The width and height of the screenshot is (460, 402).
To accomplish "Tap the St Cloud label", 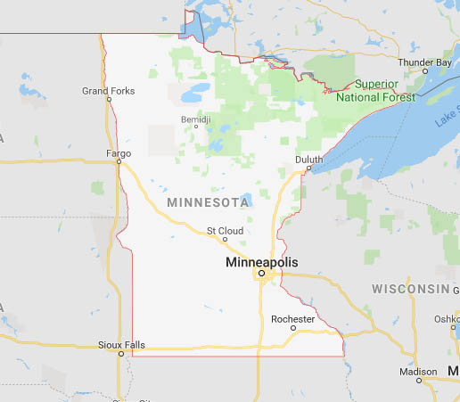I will tap(225, 230).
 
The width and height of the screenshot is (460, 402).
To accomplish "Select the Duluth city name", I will tap(308, 159).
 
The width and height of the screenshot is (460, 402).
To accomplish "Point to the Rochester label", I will tap(293, 318).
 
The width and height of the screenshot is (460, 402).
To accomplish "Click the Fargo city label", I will tap(119, 152).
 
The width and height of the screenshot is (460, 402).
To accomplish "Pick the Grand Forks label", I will tap(108, 90).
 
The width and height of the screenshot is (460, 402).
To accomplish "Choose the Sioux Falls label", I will tap(120, 344).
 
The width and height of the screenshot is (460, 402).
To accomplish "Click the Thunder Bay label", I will tap(424, 62).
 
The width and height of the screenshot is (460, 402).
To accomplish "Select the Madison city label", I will tap(419, 371).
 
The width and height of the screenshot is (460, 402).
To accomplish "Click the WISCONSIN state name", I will tap(411, 289).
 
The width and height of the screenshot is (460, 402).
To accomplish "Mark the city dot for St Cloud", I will tap(225, 239).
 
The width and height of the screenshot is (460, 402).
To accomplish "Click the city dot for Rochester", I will tap(293, 328).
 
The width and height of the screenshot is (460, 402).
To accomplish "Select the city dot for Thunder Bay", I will tap(424, 70).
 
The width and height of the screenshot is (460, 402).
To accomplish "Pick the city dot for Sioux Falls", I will tap(121, 354).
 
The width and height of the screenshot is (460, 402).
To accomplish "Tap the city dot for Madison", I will tap(419, 381).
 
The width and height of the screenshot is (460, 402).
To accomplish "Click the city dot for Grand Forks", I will tap(109, 99).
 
